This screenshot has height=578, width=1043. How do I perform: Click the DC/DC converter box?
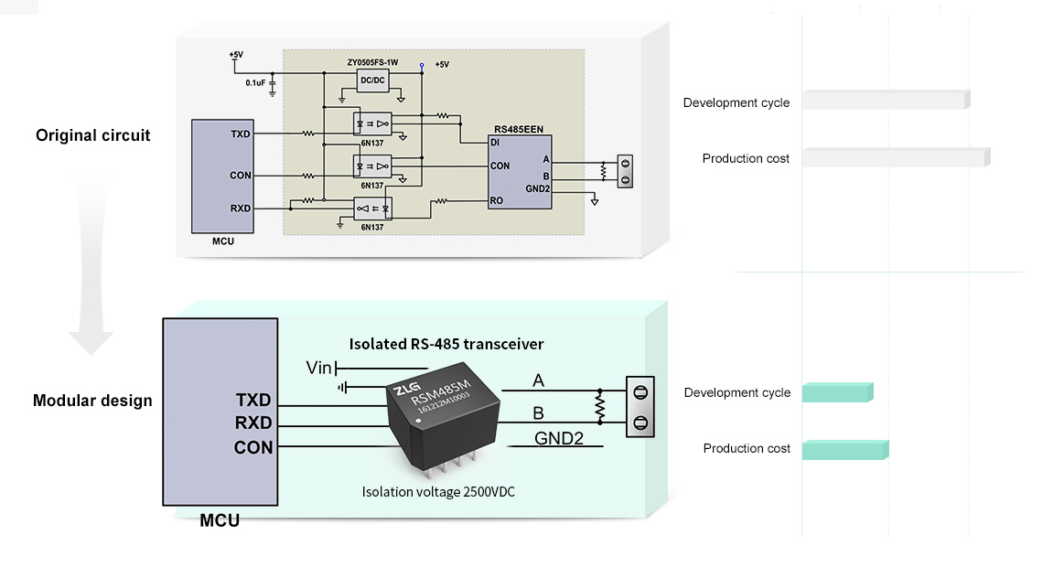pos(372,80)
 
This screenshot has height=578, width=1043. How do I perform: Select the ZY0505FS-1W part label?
pos(372,63)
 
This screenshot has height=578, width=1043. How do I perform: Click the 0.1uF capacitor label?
pos(255,82)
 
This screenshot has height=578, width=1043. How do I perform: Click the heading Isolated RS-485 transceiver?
pos(446,344)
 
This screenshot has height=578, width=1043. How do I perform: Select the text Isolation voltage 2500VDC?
pos(438,492)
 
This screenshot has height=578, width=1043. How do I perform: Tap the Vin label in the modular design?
pos(319,368)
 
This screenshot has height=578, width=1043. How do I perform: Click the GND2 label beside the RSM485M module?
pos(559,438)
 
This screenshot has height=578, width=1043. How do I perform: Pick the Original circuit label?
pos(93,135)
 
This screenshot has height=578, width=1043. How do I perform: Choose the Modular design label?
pos(92,401)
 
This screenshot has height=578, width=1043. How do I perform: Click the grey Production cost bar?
pos(896,157)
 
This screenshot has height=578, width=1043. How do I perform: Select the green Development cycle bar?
pos(837,392)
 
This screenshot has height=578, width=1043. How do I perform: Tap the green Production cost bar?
pos(844,449)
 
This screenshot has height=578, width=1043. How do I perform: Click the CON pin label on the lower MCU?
pos(253,447)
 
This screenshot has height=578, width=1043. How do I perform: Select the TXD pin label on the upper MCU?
pos(241,134)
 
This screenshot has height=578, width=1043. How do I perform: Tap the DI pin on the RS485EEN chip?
pos(495,143)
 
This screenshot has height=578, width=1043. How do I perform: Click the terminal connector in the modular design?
pos(640,407)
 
